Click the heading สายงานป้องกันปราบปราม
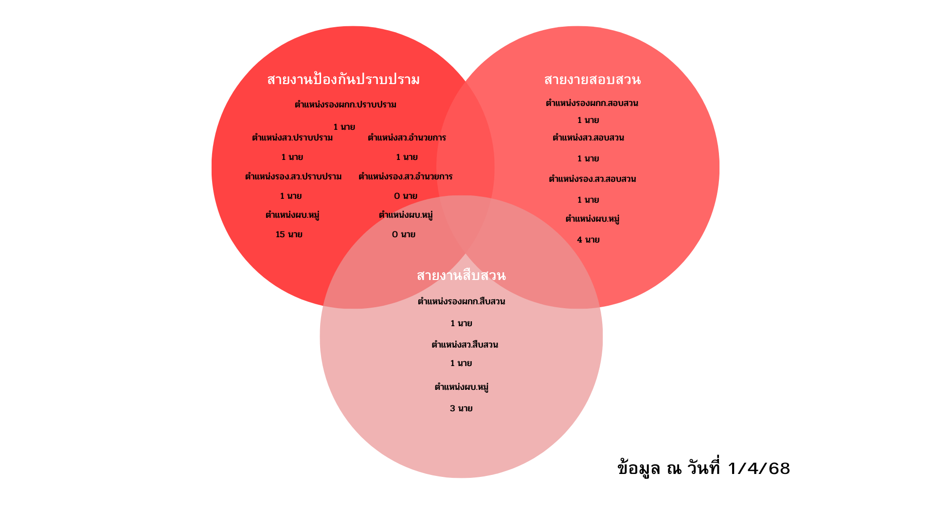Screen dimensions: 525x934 pos(343,80)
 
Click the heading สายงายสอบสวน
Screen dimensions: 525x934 pos(592,80)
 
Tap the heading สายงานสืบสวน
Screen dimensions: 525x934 pos(461,276)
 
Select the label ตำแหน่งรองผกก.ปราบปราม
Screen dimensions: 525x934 pos(345,105)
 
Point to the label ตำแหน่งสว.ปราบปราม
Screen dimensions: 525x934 pos(292,138)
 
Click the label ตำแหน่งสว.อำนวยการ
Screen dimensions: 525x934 pos(407,138)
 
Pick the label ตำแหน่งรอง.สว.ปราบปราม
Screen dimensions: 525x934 pos(293,177)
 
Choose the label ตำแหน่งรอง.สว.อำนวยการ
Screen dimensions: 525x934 pos(405,177)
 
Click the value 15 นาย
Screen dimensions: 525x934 pos(289,235)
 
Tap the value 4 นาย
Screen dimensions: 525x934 pos(588,240)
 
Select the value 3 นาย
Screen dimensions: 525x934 pos(461,409)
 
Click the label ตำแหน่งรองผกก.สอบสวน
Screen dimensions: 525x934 pos(592,104)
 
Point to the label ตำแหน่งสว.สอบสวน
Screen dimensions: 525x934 pos(588,138)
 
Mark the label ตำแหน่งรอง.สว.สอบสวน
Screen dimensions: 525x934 pos(592,179)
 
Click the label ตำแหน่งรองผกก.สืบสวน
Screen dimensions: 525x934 pos(461,302)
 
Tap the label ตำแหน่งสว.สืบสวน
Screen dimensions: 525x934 pos(465,345)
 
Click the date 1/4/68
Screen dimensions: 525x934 pos(759,469)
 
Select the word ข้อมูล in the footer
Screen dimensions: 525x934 pos(639,469)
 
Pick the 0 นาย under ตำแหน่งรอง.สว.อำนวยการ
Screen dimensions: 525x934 pos(406,196)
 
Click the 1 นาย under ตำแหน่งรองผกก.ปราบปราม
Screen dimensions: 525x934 pos(344,127)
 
